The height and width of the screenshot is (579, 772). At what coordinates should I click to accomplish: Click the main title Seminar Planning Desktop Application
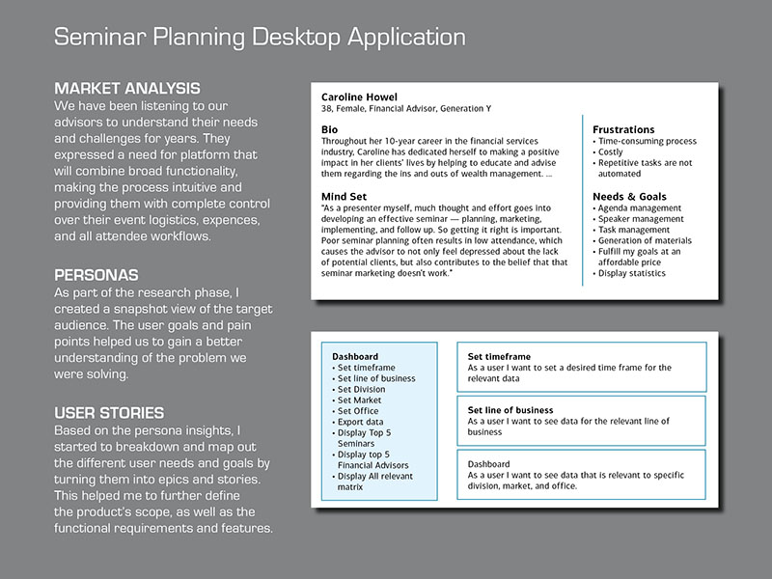pyautogui.click(x=260, y=38)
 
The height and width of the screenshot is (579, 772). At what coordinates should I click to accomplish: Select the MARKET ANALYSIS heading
pyautogui.click(x=127, y=89)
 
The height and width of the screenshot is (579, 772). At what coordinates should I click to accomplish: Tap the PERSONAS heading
pyautogui.click(x=96, y=275)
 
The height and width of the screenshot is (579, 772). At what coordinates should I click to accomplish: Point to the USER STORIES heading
pyautogui.click(x=109, y=413)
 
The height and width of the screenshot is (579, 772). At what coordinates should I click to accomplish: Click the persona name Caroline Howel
pyautogui.click(x=359, y=97)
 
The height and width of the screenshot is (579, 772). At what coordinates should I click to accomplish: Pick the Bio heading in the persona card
pyautogui.click(x=329, y=130)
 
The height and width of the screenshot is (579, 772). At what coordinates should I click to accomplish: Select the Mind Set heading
pyautogui.click(x=345, y=197)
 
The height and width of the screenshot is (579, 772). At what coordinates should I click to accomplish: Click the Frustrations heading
pyautogui.click(x=623, y=130)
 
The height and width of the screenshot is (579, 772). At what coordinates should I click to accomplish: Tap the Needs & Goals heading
pyautogui.click(x=629, y=197)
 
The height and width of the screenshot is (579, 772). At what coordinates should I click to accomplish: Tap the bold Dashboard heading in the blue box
pyautogui.click(x=355, y=357)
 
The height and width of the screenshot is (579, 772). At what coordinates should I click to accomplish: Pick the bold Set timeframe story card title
pyautogui.click(x=499, y=357)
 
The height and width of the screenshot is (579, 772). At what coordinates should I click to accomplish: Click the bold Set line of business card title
pyautogui.click(x=510, y=410)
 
